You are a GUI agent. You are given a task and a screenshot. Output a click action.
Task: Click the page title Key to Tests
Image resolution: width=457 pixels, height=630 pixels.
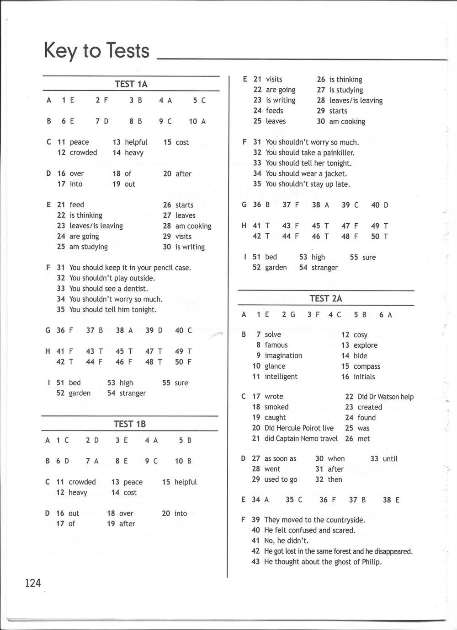click(96, 50)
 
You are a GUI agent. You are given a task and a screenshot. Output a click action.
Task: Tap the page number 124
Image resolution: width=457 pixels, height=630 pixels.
click(33, 583)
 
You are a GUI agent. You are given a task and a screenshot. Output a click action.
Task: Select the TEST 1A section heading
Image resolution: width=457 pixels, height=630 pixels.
click(131, 84)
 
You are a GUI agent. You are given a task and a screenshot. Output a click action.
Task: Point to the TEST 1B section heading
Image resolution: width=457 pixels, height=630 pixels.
click(130, 424)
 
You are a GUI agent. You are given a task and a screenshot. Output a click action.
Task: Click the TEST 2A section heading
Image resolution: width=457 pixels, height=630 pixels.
click(326, 299)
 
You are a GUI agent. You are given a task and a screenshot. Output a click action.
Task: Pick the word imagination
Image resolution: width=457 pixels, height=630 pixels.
click(283, 355)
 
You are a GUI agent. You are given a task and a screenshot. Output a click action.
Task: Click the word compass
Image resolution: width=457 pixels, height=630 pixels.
click(367, 366)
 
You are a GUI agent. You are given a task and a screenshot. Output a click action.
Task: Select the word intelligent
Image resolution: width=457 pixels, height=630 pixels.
click(281, 377)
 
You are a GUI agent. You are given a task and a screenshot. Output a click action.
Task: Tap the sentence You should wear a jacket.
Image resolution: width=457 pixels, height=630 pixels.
click(306, 173)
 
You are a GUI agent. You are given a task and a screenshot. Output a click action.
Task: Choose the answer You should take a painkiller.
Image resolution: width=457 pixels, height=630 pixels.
click(310, 152)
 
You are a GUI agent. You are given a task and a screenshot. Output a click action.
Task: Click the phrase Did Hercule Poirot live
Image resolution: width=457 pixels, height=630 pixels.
click(299, 428)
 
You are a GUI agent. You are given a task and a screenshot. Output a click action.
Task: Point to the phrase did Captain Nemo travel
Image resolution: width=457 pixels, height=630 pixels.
click(301, 439)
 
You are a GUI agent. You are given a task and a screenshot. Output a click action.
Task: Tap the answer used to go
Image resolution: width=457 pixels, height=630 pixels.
click(281, 479)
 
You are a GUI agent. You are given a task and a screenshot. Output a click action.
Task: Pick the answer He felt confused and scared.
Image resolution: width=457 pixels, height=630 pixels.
click(309, 530)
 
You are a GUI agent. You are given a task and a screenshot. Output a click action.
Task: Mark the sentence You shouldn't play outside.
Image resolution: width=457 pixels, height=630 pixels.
click(112, 278)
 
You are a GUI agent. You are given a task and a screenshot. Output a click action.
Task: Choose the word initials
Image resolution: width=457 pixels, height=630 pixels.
click(364, 377)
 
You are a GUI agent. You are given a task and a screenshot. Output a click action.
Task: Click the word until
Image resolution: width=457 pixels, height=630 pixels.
click(390, 458)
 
